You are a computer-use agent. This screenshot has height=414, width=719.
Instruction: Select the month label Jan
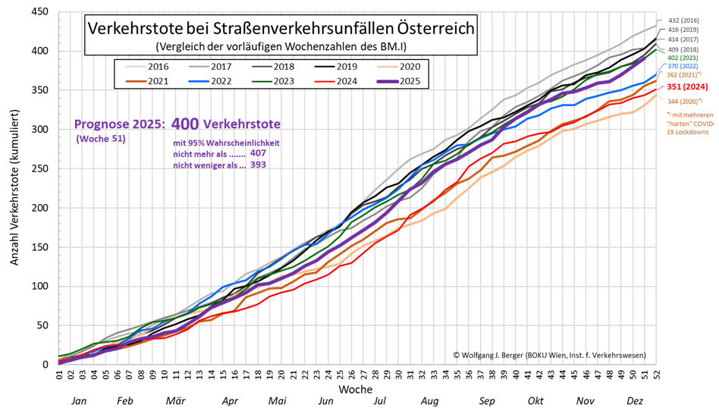click(78, 401)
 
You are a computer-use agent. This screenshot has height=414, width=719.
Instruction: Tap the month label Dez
click(634, 401)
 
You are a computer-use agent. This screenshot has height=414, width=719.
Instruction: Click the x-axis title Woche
click(355, 388)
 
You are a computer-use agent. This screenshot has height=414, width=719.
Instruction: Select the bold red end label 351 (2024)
click(682, 86)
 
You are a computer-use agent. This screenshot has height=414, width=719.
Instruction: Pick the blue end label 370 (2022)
click(682, 65)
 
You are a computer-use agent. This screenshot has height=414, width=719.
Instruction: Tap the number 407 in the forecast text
click(258, 152)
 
